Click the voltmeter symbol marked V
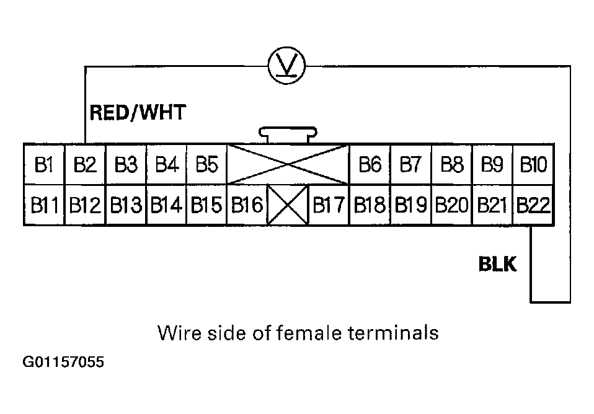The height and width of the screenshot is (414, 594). pyautogui.click(x=287, y=66)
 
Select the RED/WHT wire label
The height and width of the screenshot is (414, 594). pyautogui.click(x=138, y=112)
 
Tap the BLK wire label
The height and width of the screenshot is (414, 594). pyautogui.click(x=497, y=265)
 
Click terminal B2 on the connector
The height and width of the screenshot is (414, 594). pyautogui.click(x=85, y=165)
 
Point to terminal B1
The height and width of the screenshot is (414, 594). pyautogui.click(x=43, y=165)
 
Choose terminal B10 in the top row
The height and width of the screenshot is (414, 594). pyautogui.click(x=534, y=165)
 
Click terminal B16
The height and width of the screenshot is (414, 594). pyautogui.click(x=247, y=205)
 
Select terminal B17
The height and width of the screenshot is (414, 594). pyautogui.click(x=329, y=205)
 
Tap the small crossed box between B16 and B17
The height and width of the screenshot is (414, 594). pyautogui.click(x=288, y=205)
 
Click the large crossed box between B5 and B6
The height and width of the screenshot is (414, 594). pyautogui.click(x=288, y=165)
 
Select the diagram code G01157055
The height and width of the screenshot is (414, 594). pyautogui.click(x=63, y=361)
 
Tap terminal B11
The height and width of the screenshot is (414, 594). pyautogui.click(x=43, y=205)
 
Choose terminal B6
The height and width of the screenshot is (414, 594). pyautogui.click(x=370, y=165)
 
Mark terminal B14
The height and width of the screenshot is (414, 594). pyautogui.click(x=166, y=205)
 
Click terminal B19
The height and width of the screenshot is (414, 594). pyautogui.click(x=410, y=205)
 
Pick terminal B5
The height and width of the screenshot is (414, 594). pyautogui.click(x=206, y=165)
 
